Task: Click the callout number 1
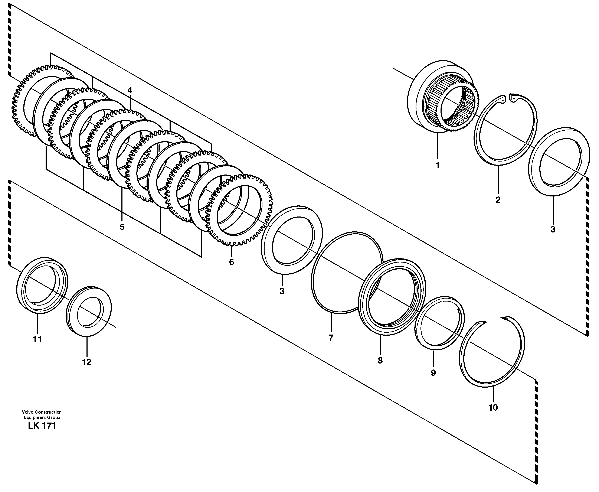point(438,165)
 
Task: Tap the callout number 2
point(498,200)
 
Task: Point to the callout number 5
point(122,227)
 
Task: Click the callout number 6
point(232,262)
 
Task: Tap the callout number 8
point(380,361)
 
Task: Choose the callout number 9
point(433,373)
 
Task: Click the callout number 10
point(493,408)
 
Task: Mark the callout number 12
point(87,362)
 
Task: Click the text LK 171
point(42,426)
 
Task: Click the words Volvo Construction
point(42,412)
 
